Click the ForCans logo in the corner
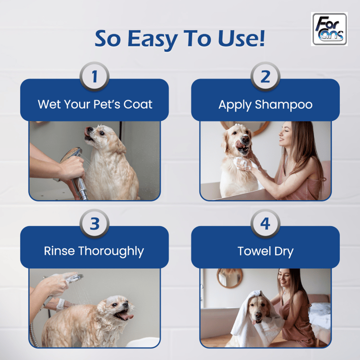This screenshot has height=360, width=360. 329,29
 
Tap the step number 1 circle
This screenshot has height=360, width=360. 94,76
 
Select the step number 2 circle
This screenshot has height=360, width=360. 265,76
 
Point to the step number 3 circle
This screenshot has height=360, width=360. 94,224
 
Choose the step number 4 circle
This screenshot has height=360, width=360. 265,224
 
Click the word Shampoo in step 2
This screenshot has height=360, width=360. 283,105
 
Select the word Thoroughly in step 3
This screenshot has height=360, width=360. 111,251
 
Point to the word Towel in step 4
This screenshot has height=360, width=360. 254,251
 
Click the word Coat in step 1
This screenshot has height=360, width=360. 138,104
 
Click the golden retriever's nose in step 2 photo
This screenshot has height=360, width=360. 245,139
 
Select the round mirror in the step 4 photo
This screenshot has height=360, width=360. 229,278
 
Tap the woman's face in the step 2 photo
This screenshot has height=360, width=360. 285,134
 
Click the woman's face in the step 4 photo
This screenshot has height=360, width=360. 284,279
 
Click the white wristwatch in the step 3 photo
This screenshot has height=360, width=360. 61,305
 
